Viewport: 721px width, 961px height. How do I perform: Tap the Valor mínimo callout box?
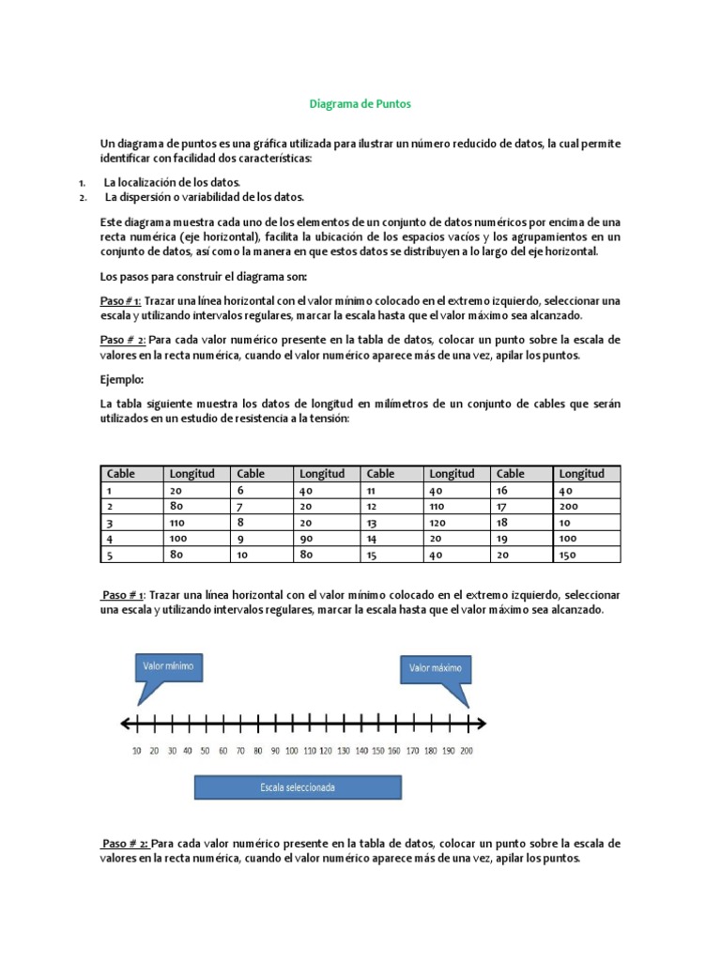pos(169,666)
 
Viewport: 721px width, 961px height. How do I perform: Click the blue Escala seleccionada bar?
pos(298,786)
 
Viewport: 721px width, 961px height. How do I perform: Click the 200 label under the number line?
pos(467,751)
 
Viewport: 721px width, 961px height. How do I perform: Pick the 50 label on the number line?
pos(206,751)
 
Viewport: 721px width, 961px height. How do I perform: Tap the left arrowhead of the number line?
pos(125,724)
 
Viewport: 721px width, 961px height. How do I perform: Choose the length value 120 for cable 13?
pos(438,523)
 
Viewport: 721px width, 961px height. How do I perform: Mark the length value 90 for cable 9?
pos(307,539)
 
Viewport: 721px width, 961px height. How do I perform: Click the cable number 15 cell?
pos(372,555)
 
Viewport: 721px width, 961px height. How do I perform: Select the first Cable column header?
pos(122,474)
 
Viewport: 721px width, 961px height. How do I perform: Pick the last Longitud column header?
pos(582,474)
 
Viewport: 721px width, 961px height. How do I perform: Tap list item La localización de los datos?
pos(172,182)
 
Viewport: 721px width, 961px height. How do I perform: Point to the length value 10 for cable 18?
pos(565,523)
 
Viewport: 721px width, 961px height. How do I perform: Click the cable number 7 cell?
pos(241,506)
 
